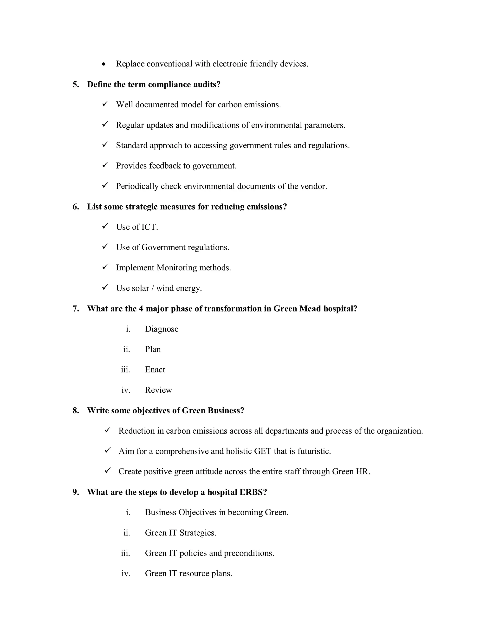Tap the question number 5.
click(76, 85)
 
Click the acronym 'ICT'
click(149, 227)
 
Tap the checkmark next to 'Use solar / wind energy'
click(105, 287)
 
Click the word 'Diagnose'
click(162, 329)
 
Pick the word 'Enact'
click(155, 370)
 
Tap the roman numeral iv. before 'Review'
click(126, 390)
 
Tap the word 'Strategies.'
click(198, 533)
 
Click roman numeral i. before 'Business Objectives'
click(128, 512)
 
